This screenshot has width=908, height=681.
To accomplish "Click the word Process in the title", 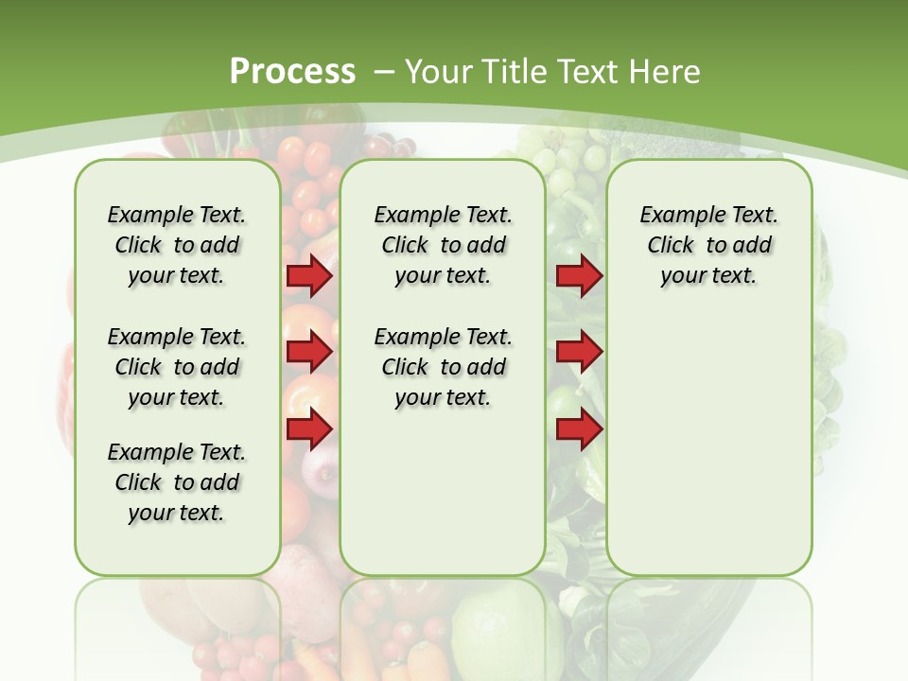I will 292,71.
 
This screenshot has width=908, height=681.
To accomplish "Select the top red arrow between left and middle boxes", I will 309,275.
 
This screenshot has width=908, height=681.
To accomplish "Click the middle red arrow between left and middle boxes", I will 309,352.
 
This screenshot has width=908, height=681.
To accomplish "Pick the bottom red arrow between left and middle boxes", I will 309,429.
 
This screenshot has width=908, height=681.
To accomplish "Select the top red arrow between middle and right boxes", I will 579,275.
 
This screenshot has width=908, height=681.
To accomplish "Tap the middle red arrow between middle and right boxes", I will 579,352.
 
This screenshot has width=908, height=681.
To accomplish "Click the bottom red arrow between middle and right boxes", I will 579,429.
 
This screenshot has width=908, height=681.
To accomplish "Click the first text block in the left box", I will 177,245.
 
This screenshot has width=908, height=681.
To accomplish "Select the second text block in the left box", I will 177,367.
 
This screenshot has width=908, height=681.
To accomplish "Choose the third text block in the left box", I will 177,482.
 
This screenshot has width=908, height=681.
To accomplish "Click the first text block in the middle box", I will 443,245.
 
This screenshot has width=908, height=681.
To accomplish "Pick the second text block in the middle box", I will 443,367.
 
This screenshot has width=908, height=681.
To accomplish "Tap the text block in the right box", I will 708,245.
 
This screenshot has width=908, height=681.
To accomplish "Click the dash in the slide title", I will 385,71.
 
